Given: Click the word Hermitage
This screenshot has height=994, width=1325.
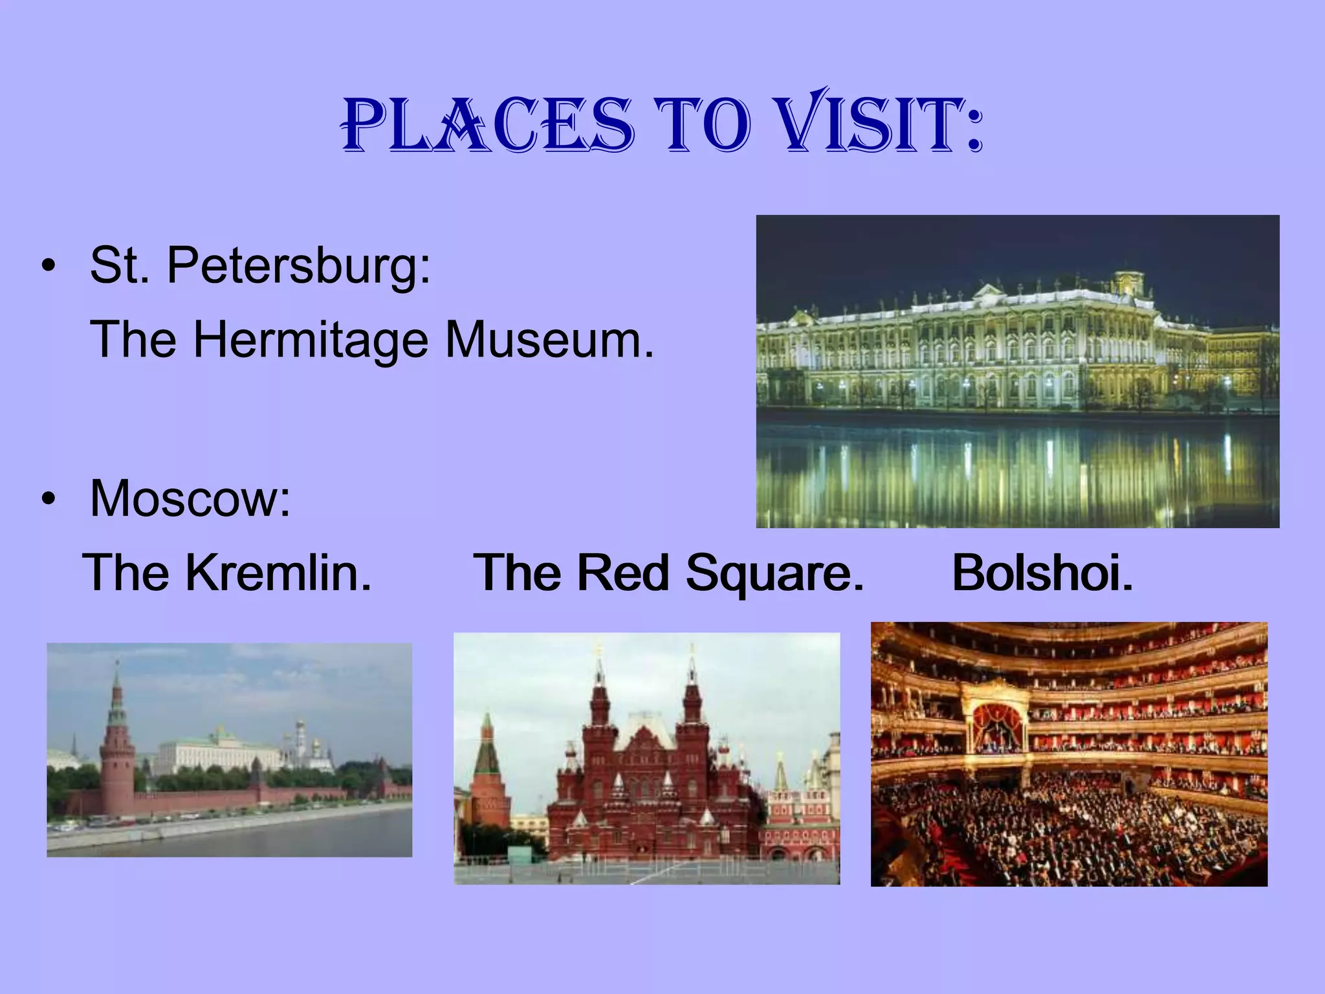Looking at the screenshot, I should [311, 340].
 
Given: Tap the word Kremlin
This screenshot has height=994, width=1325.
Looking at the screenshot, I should [278, 573].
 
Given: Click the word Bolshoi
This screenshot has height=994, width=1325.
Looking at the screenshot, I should [1042, 573].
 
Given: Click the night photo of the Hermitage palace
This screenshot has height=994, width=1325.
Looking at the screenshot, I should [1017, 371].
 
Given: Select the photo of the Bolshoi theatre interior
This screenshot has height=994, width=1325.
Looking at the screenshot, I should [1069, 754].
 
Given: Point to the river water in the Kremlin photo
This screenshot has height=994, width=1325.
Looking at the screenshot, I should [259, 835].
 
